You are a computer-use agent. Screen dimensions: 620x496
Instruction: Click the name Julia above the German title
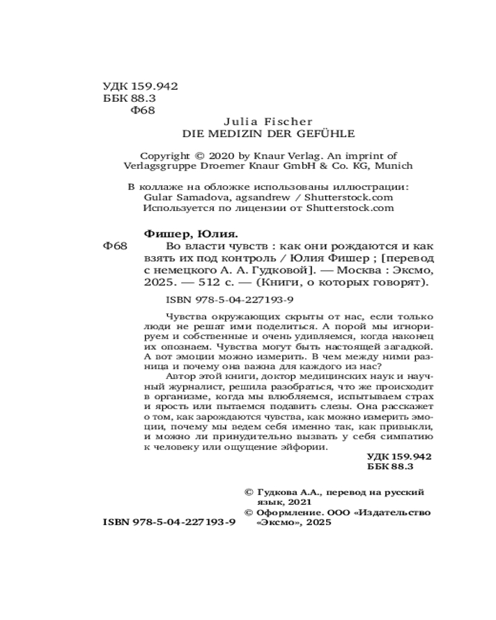[236, 122]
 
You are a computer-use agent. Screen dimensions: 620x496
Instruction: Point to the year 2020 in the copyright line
[222, 156]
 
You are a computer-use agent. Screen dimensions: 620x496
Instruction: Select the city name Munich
[394, 166]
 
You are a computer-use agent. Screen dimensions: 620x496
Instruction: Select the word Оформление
[290, 513]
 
